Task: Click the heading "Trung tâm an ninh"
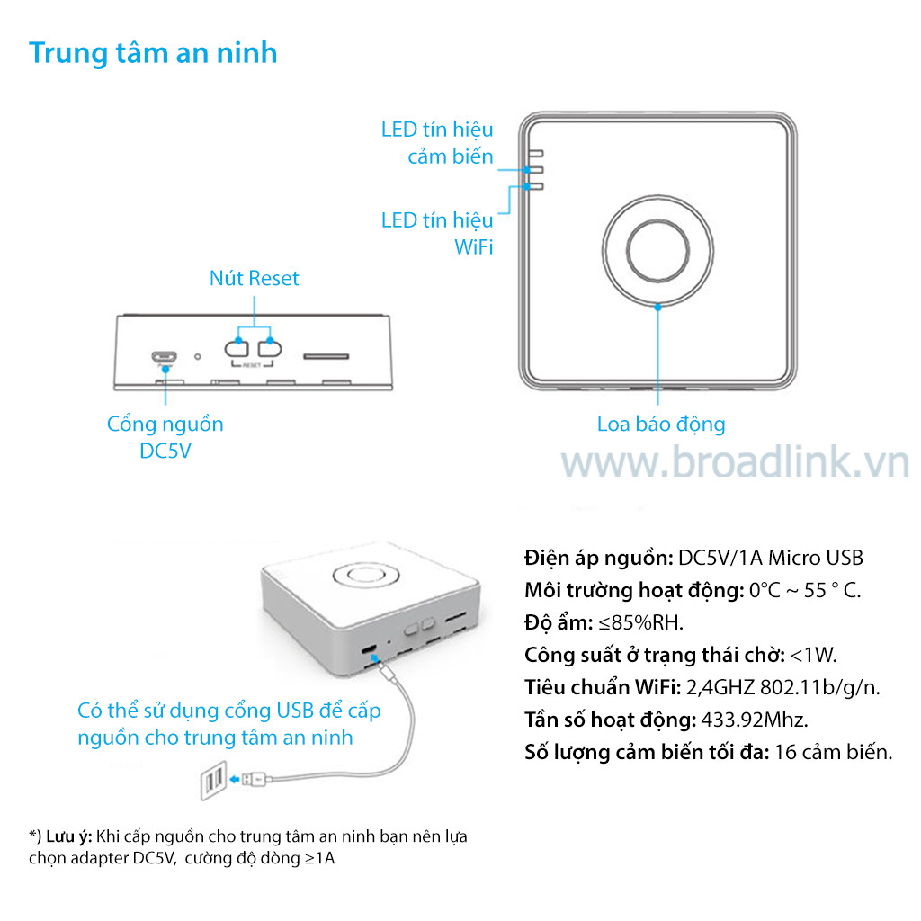[153, 53]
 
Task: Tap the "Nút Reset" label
[255, 278]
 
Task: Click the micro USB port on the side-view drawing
[164, 356]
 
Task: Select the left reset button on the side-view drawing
[237, 349]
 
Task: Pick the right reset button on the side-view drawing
[270, 349]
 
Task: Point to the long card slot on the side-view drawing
[326, 356]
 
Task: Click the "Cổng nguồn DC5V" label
[165, 437]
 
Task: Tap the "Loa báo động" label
[661, 425]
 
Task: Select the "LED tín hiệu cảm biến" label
[437, 143]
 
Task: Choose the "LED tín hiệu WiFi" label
[437, 233]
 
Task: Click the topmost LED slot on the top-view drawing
[536, 154]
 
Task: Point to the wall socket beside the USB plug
[214, 781]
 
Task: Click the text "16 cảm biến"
[834, 752]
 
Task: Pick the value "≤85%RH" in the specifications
[640, 622]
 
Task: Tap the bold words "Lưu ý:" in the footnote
[69, 836]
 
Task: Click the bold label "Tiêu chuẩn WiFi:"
[603, 687]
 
